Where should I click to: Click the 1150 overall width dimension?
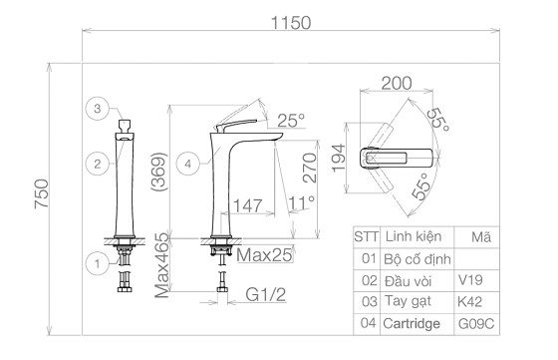click(291, 23)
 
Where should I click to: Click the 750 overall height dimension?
click(41, 193)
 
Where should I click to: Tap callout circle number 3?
click(98, 109)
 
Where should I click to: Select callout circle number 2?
click(98, 164)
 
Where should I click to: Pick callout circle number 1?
click(98, 264)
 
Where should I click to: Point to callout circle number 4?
click(188, 164)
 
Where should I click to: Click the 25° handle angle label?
click(291, 121)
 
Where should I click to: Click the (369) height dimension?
click(158, 172)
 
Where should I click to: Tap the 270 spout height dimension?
click(309, 168)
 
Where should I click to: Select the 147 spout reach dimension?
click(248, 205)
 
